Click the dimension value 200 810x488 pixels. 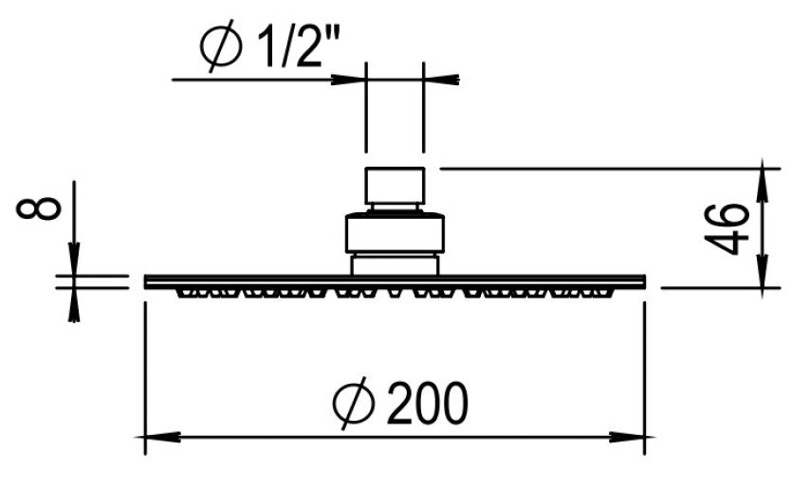pyautogui.click(x=427, y=405)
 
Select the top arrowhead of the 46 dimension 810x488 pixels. pyautogui.click(x=764, y=180)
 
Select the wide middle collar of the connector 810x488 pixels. pyautogui.click(x=395, y=232)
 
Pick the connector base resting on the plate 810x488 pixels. pyautogui.click(x=395, y=263)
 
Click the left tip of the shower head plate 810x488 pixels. pyautogui.click(x=147, y=281)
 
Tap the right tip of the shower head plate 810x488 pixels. pyautogui.click(x=643, y=281)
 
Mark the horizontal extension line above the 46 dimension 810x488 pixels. pyautogui.click(x=607, y=169)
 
